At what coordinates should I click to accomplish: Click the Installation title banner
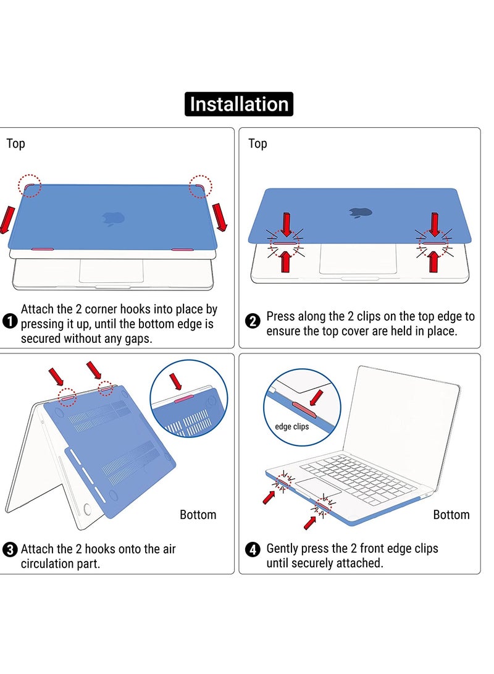coord(239,104)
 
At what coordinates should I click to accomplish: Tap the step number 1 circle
coord(9,321)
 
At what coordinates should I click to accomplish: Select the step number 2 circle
coord(253,321)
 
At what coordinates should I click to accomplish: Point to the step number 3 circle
coord(9,549)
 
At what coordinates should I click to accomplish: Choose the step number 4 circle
coord(253,549)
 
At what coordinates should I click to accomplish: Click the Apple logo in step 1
coord(114,219)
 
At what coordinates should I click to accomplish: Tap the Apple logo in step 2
coord(361,213)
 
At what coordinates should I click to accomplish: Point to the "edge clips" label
coord(291,426)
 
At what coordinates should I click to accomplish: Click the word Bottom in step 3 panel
coord(198,515)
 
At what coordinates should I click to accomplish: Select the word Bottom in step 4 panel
coord(451,515)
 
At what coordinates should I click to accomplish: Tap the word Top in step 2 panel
coord(257,143)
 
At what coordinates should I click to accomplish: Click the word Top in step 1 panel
coord(16,143)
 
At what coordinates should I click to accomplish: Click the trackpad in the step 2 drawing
coord(358,258)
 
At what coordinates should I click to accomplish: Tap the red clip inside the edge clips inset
coord(304,410)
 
